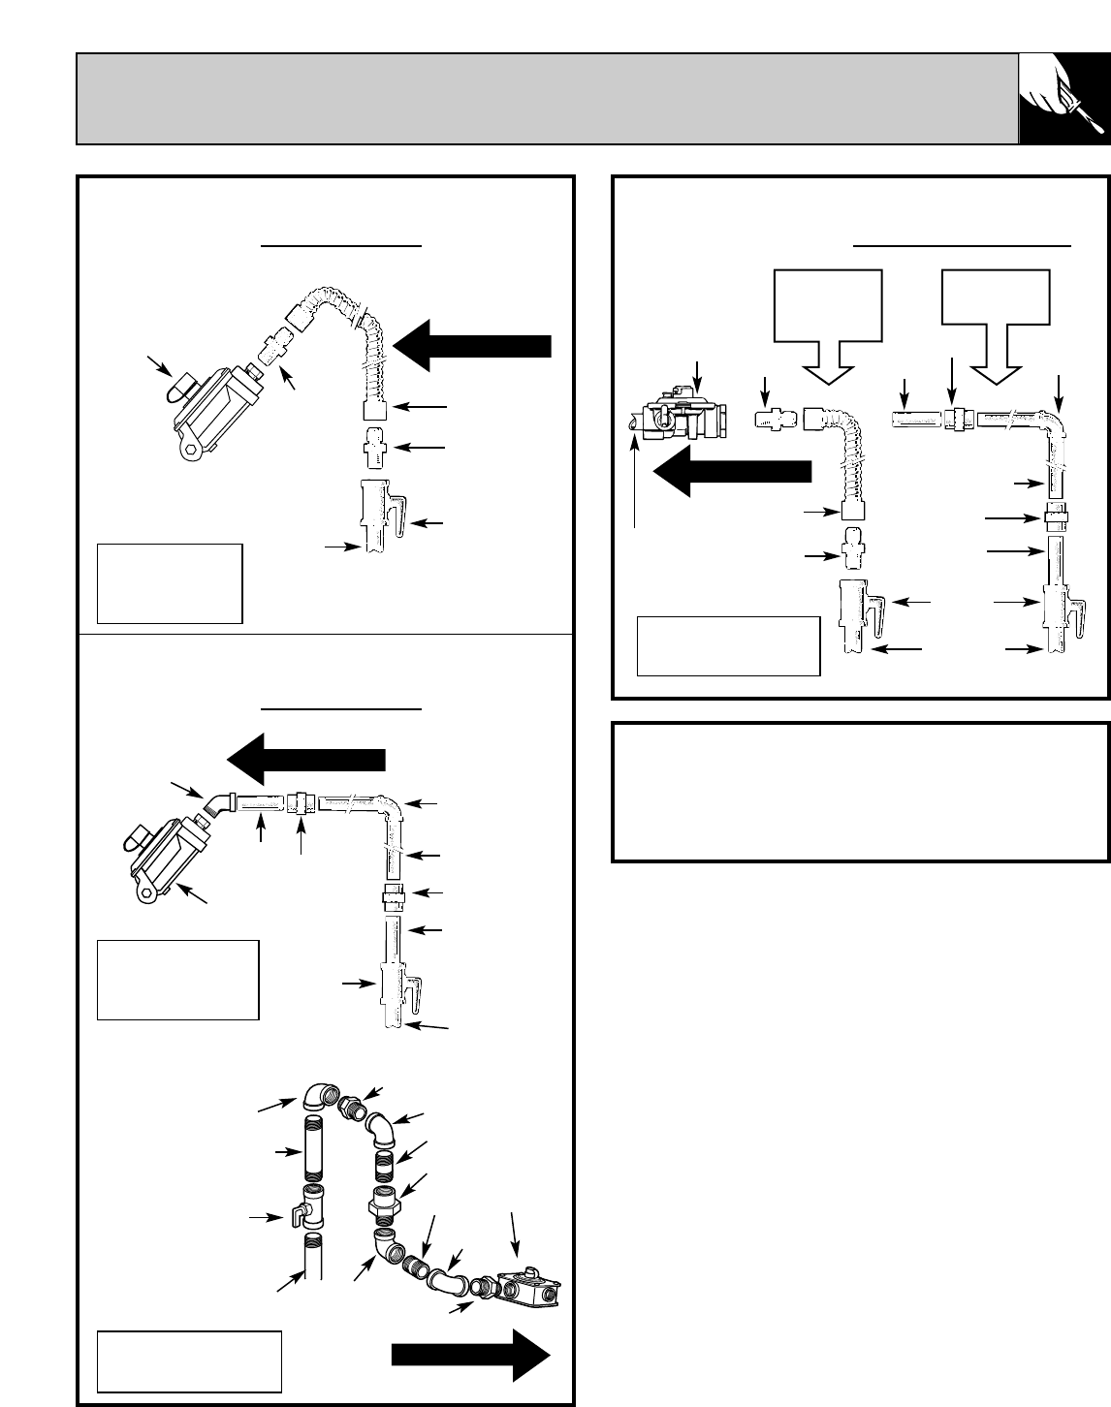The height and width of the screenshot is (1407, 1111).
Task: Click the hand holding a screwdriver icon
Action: click(1063, 99)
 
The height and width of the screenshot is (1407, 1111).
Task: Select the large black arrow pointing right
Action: click(471, 1354)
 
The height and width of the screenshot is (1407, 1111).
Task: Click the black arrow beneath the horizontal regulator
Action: click(731, 471)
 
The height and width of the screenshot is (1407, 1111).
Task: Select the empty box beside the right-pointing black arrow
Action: click(189, 1361)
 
